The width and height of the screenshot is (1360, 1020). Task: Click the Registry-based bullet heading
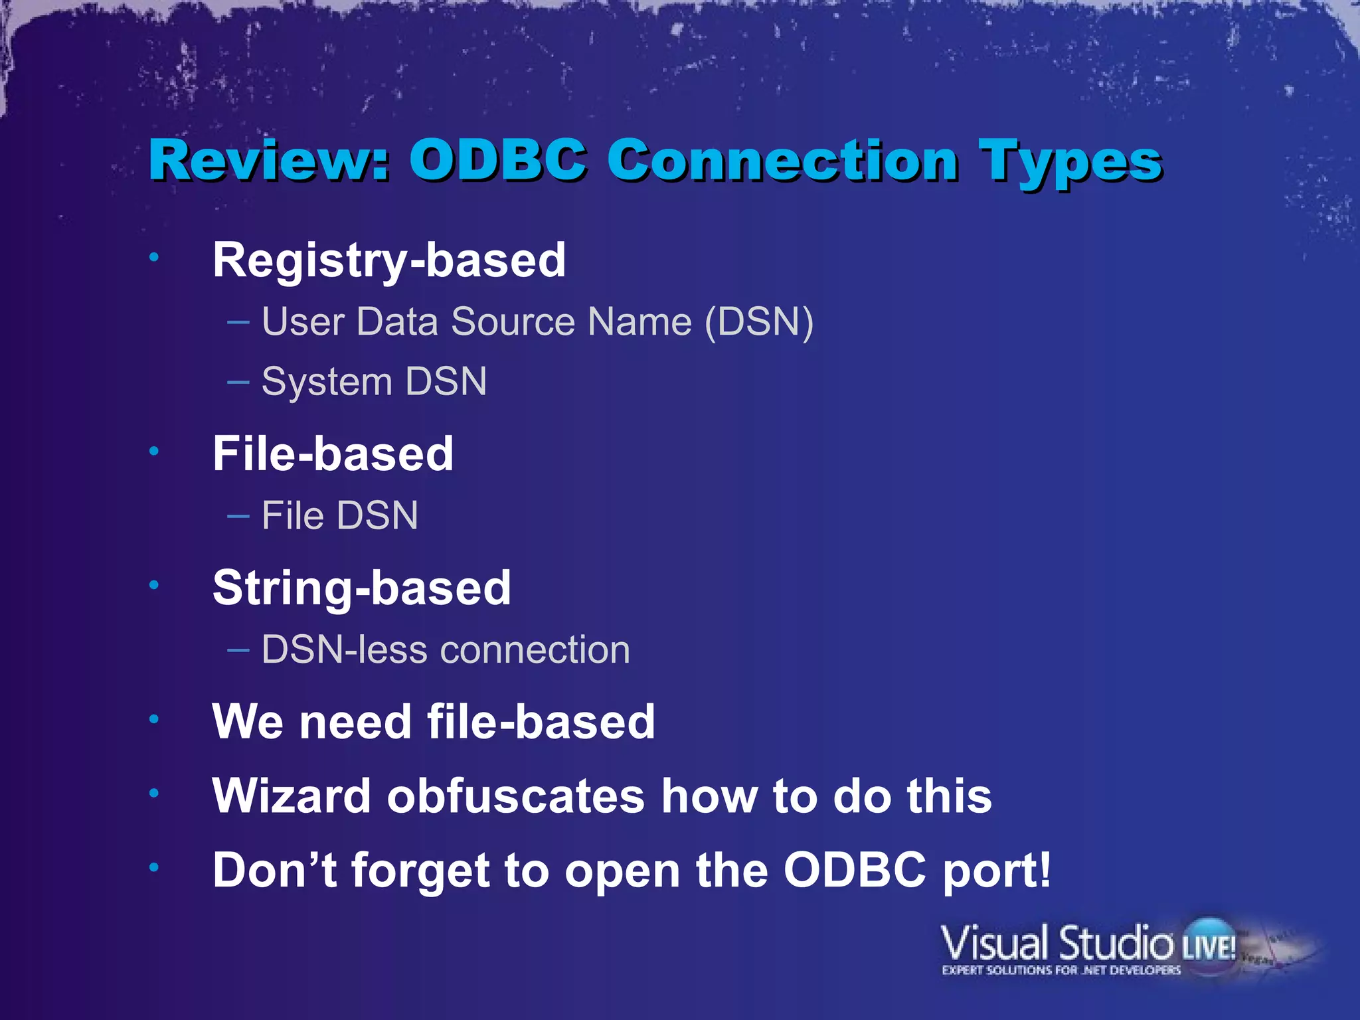point(389,260)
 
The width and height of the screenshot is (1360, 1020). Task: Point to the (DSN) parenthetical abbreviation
point(758,323)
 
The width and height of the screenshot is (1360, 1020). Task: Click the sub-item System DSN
point(374,382)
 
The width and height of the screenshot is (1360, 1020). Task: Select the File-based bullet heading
point(333,454)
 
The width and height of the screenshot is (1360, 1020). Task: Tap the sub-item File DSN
point(339,516)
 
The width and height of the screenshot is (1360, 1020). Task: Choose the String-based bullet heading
point(362,588)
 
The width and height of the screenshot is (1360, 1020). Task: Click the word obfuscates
point(515,796)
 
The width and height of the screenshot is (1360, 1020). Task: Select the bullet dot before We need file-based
point(154,719)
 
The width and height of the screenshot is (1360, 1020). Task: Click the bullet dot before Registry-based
point(154,257)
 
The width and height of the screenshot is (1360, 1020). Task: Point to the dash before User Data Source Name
point(238,323)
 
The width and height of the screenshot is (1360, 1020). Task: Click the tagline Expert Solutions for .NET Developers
point(1061,970)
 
